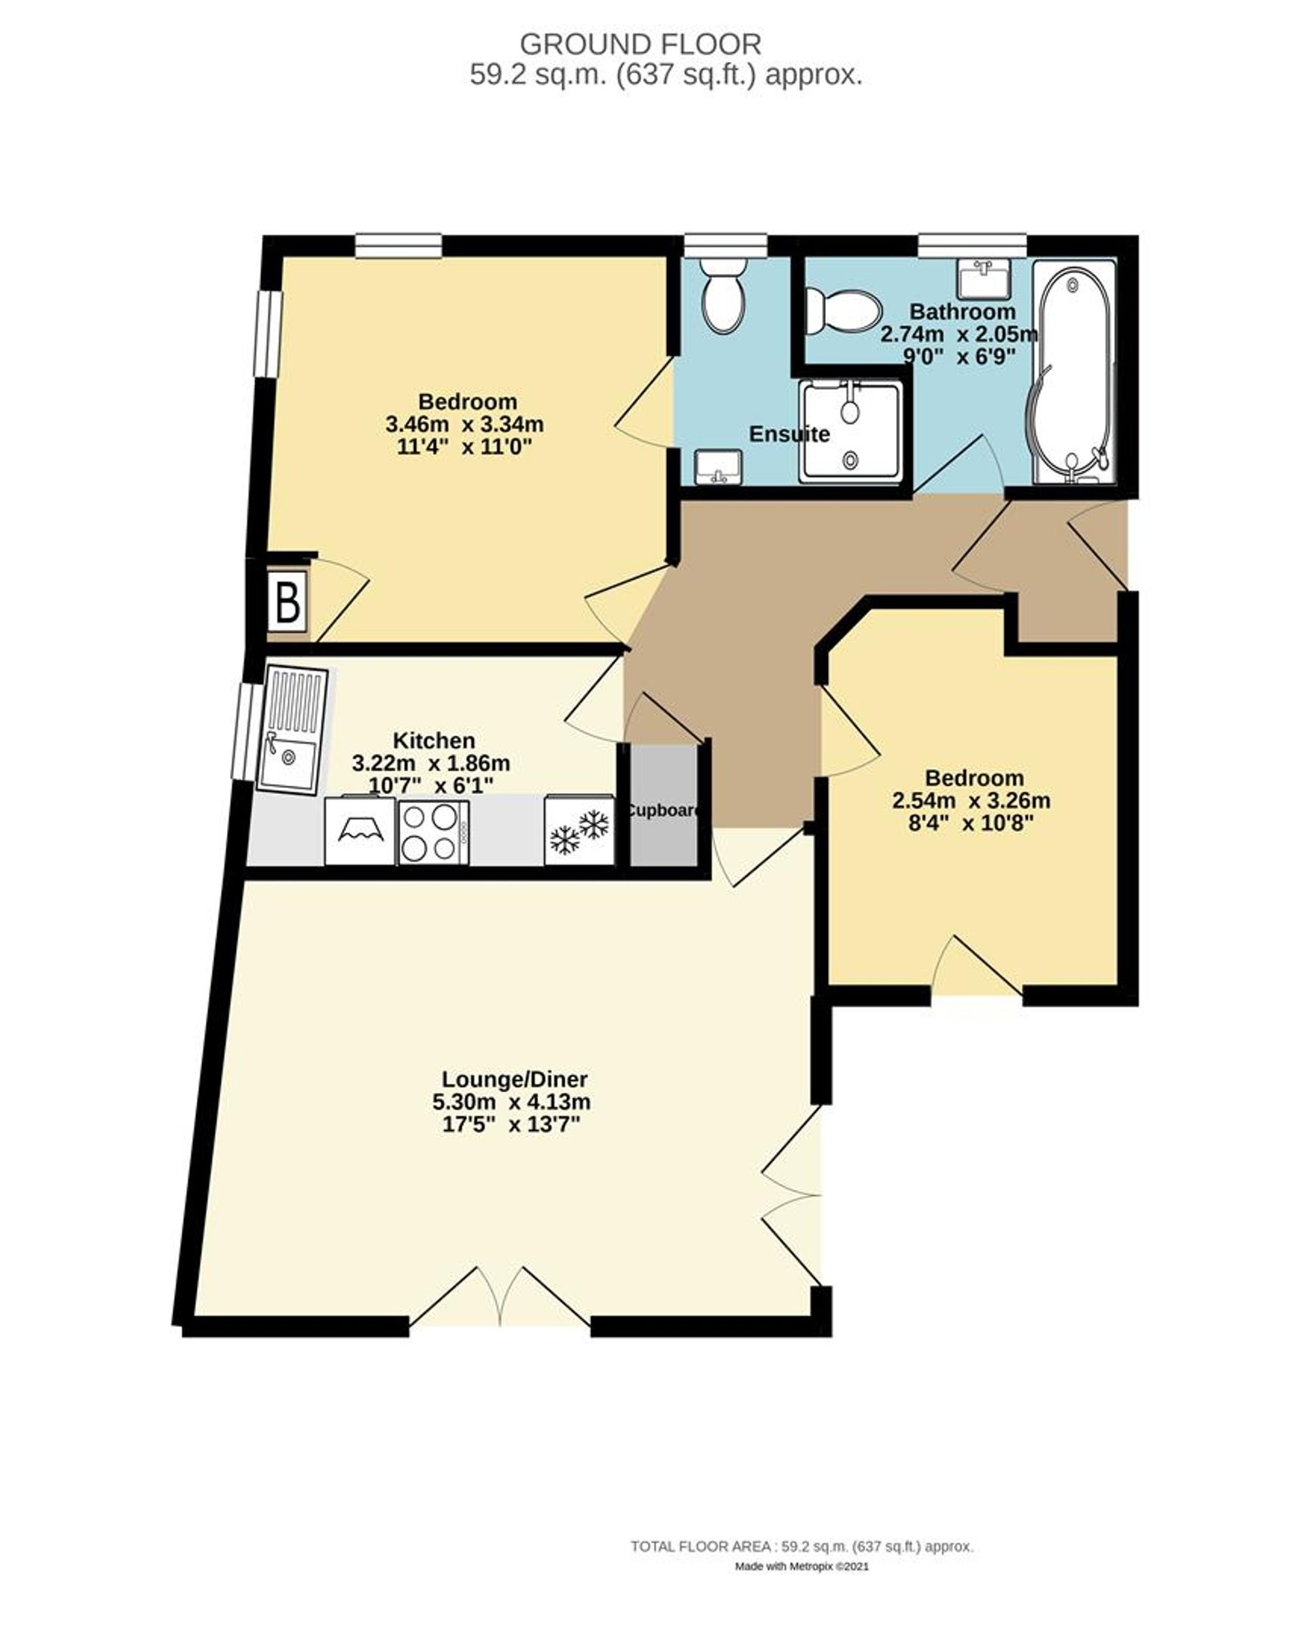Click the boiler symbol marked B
(286, 603)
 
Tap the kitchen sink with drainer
(293, 731)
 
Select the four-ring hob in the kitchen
(432, 832)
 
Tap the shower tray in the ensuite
(853, 431)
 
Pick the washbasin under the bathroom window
(983, 279)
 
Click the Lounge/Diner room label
(514, 1078)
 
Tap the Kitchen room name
(434, 740)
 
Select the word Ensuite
(789, 434)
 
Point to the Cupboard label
(662, 810)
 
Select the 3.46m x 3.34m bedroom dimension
(464, 424)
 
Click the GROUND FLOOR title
(640, 44)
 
